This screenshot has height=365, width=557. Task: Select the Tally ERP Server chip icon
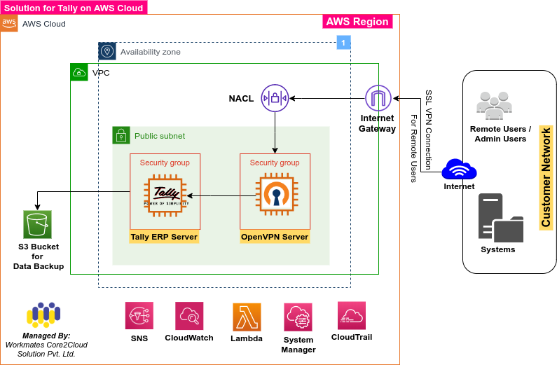coord(165,196)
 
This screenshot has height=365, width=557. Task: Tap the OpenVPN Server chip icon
coord(275,195)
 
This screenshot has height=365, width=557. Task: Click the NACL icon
coord(275,97)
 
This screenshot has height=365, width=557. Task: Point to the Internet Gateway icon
coord(378,97)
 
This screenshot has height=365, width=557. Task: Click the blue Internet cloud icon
coord(459,170)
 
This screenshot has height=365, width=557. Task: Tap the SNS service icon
coord(139,316)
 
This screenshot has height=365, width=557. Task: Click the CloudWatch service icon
coord(189,316)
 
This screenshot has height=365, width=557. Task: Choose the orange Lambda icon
coord(247,317)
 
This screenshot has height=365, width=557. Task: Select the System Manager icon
coord(298,317)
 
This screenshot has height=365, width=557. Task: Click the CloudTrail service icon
coord(352,315)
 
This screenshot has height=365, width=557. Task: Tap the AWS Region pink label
coord(357,22)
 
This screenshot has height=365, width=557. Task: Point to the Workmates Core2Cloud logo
coord(48,316)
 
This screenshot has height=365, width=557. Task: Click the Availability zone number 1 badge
coord(343,43)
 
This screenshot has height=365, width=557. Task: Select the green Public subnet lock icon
coord(121,135)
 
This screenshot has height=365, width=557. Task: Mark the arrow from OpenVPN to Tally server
coord(214,196)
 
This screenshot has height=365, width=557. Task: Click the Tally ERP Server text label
coord(164,237)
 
